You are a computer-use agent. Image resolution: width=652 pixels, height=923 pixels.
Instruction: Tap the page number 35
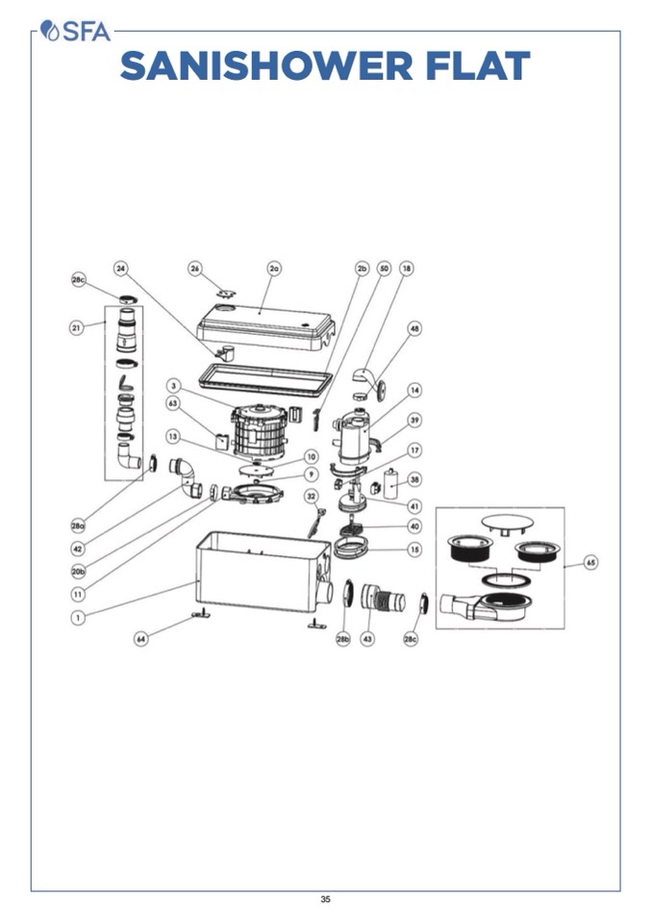point(325,900)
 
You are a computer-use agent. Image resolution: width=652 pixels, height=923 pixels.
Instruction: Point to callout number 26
point(196,269)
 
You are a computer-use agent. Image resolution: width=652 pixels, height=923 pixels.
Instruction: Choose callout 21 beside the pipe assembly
point(76,327)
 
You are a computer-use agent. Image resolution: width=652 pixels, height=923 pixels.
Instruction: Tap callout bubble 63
point(174,403)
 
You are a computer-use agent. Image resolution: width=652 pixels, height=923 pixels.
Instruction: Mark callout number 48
point(414,329)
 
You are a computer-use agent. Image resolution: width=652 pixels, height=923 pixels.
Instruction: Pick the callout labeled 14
point(414,390)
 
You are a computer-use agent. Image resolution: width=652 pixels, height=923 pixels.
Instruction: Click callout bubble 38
point(414,478)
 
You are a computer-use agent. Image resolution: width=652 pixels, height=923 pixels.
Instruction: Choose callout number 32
point(311,496)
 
